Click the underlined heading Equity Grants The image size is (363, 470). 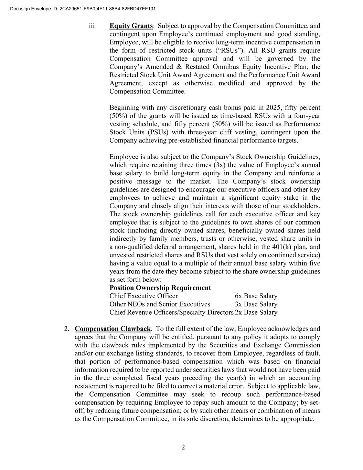point(131,26)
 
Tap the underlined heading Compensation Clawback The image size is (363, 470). point(113,329)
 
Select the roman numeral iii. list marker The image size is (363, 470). point(92,26)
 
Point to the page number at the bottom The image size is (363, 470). point(183,447)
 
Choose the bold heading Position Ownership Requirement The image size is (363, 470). point(160,288)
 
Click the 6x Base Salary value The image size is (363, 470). point(256,296)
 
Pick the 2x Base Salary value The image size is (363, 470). point(256,313)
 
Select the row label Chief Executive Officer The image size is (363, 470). point(143,296)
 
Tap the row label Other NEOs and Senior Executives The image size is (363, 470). point(160,304)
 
